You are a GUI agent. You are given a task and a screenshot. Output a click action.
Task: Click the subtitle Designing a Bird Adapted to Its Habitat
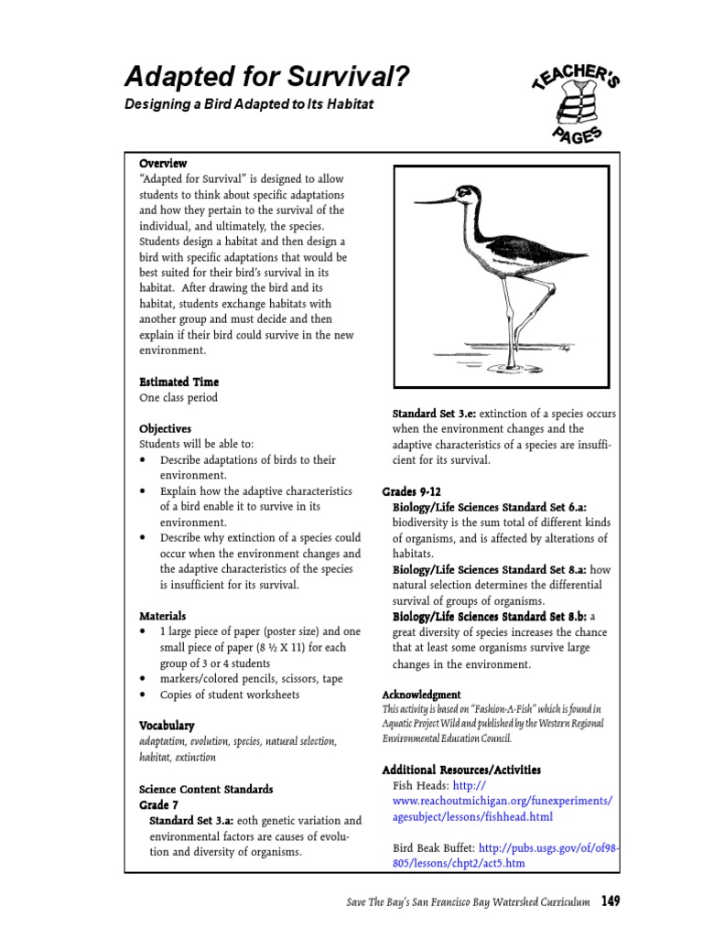(x=249, y=104)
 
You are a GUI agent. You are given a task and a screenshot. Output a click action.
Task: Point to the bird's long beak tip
(x=417, y=204)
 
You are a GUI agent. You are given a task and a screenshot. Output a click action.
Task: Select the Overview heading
(x=163, y=163)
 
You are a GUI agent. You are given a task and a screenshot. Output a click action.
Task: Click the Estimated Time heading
(x=178, y=382)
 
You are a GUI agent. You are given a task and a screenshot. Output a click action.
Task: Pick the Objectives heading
(x=165, y=428)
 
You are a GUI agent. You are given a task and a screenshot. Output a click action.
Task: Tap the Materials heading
(x=162, y=616)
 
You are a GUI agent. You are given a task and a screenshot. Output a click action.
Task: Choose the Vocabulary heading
(x=167, y=726)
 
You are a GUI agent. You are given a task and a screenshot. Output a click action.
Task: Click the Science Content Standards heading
(x=206, y=789)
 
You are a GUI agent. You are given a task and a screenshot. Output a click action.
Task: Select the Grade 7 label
(x=158, y=805)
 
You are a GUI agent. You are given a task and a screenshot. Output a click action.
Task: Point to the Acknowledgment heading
(x=421, y=695)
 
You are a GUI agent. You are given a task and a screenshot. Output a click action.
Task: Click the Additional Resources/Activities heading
(x=461, y=770)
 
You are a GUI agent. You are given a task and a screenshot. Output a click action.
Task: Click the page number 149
(x=611, y=902)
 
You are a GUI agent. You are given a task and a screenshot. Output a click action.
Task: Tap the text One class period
(x=178, y=398)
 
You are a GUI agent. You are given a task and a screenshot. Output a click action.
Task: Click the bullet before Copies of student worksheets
(x=144, y=695)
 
